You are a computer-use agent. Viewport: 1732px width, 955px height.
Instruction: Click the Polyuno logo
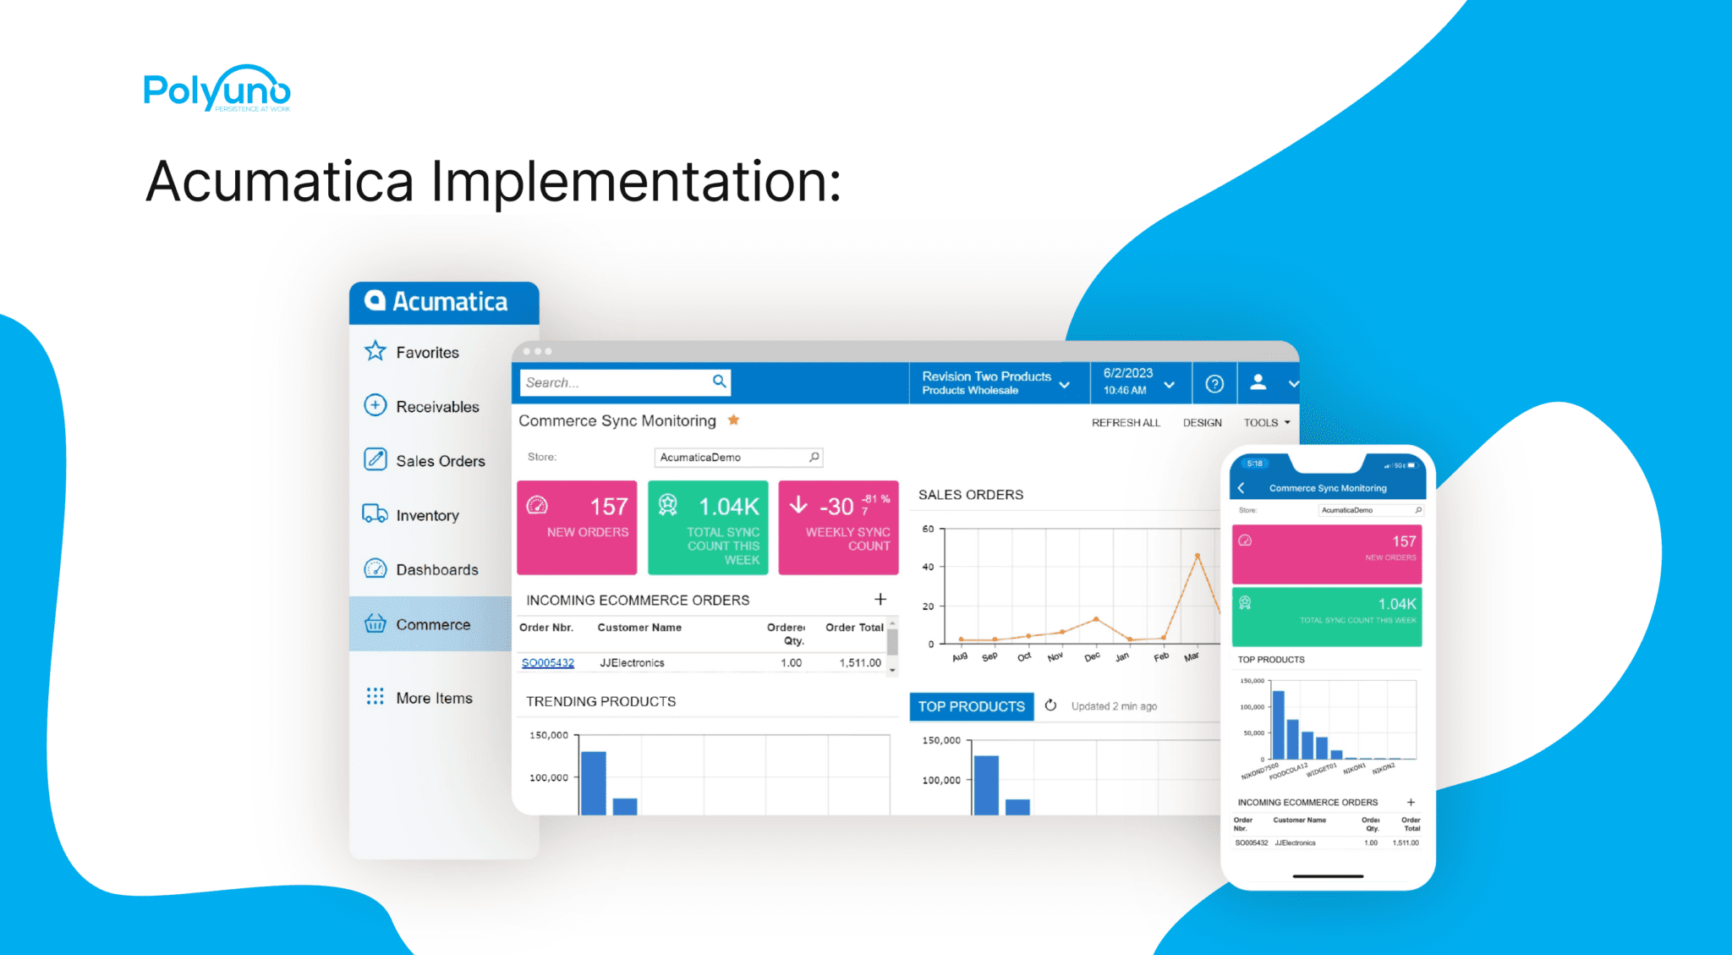216,89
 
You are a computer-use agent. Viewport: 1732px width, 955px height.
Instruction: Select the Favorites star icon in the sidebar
375,351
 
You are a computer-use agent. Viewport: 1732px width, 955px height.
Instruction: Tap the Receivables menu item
436,407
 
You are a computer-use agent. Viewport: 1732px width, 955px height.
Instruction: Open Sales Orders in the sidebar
440,461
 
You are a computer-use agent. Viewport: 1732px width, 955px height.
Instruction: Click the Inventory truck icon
375,514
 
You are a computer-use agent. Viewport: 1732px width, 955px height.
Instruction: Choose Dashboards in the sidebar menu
436,569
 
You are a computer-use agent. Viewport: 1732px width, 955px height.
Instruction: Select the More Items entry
434,698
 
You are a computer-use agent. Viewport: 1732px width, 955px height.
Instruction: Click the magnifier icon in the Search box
719,381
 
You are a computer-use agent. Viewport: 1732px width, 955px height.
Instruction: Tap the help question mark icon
1214,383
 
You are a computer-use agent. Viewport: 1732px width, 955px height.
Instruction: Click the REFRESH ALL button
1126,423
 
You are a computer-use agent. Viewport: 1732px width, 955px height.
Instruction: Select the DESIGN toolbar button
1202,423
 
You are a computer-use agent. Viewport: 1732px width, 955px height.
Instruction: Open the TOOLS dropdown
1266,423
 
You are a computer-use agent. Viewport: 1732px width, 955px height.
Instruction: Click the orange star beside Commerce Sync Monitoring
734,420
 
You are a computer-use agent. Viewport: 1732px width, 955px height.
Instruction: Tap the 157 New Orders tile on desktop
577,527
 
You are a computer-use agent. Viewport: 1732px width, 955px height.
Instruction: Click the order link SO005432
548,663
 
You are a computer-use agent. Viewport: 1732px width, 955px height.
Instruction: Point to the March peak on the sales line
1198,556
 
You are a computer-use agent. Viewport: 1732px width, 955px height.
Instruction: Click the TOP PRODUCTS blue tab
971,706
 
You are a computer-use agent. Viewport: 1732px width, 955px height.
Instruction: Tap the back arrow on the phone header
1241,488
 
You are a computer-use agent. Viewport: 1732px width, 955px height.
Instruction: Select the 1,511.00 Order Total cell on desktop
860,663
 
